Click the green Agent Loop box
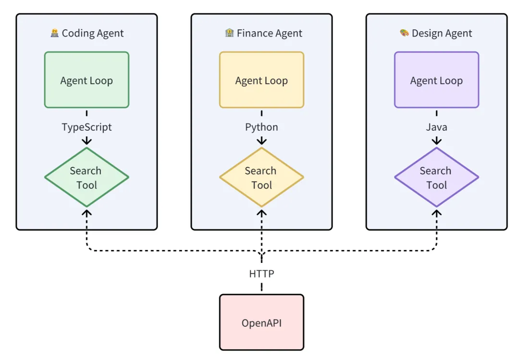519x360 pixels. tap(86, 80)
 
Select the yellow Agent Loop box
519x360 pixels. tap(261, 80)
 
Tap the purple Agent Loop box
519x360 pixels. tap(436, 80)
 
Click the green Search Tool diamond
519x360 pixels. tap(86, 177)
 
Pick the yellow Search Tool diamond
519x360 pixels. tap(261, 177)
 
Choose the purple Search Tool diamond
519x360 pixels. tap(436, 177)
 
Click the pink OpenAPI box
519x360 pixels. tap(261, 322)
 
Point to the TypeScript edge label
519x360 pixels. tap(86, 127)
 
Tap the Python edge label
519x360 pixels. tap(261, 127)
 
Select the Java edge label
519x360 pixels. tap(436, 127)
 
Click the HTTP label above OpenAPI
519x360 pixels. tap(261, 273)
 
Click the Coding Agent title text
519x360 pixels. tap(93, 33)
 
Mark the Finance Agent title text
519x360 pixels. tap(270, 33)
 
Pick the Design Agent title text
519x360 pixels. tap(442, 33)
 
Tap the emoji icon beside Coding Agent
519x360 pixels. tap(54, 33)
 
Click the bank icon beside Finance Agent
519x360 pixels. tap(229, 33)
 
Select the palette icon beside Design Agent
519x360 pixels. tap(404, 33)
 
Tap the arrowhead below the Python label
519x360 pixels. tap(261, 141)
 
